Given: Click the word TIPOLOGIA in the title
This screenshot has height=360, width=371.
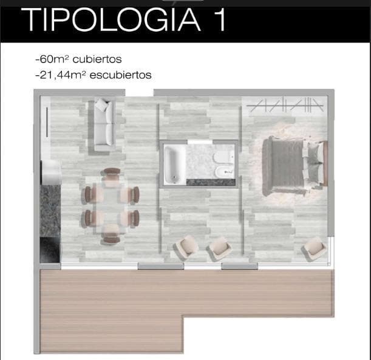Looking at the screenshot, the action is coord(111,19).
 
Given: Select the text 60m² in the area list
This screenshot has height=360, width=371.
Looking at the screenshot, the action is coord(53,59).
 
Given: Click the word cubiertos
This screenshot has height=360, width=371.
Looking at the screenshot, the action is coord(97,59).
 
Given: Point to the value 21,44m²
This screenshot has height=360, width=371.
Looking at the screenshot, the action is coord(61,75).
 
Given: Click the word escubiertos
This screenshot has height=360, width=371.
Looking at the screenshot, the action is coord(121,75).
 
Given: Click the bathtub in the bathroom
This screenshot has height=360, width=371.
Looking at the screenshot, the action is coord(175,165).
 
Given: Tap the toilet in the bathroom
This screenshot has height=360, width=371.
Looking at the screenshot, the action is coord(223,157).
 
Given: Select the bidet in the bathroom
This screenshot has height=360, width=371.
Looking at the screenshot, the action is coord(224,172).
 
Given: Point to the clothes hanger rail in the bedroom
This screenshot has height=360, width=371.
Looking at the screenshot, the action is coord(285,105).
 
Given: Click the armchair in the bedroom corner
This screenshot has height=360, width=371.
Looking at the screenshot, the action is coord(314,249).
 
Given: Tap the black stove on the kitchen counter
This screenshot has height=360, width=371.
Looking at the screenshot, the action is coord(50,250).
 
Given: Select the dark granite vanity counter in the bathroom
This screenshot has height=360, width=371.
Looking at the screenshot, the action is coord(211,182).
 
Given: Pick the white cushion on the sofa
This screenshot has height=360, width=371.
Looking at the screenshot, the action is coord(102,104).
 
